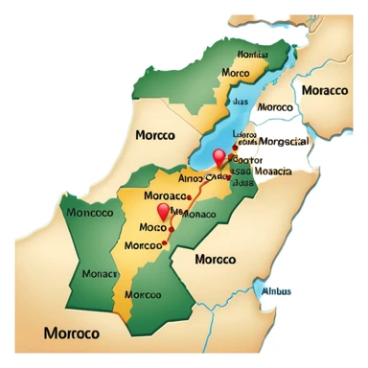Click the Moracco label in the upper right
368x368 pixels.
(325, 90)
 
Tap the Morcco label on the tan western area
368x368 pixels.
(154, 135)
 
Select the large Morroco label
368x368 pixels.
(72, 333)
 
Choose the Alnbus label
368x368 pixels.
(279, 292)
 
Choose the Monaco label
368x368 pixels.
(199, 214)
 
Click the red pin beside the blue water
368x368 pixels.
(219, 158)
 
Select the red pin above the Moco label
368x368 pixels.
(163, 213)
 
